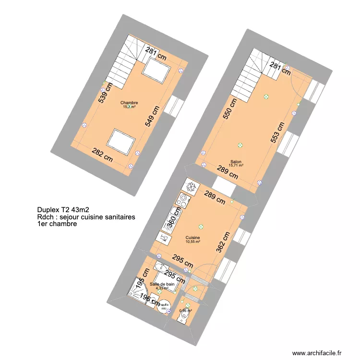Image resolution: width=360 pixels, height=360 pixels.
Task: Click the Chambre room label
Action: (x=129, y=102)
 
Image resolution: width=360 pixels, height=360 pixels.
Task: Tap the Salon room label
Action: (x=236, y=162)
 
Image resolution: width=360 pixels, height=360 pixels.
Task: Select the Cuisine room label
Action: (x=193, y=238)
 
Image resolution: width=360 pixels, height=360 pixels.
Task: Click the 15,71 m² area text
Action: (x=236, y=166)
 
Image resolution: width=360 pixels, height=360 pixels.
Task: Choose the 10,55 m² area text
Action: (x=193, y=242)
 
